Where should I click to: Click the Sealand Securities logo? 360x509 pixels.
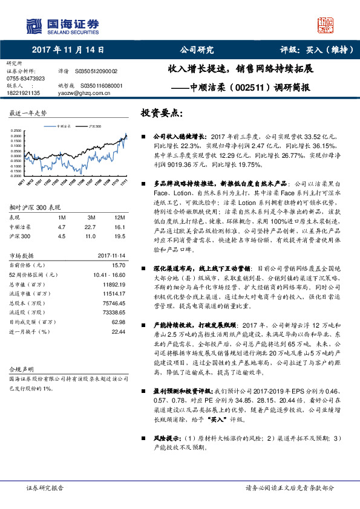coord(62,25)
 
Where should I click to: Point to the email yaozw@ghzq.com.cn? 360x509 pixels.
coord(84,93)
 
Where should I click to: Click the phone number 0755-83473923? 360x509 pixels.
coord(25,79)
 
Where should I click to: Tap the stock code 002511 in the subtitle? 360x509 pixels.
coord(248,87)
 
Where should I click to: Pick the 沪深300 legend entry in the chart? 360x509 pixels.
coord(93,126)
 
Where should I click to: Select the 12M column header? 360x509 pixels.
coord(119,217)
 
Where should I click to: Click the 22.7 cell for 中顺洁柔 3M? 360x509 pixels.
coord(92,227)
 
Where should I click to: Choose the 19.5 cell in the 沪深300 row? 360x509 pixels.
coord(119,236)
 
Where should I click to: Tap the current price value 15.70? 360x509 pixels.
coord(118,265)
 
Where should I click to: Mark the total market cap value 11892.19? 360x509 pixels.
coord(112,284)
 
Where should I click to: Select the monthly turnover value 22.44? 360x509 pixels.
coord(118,331)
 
